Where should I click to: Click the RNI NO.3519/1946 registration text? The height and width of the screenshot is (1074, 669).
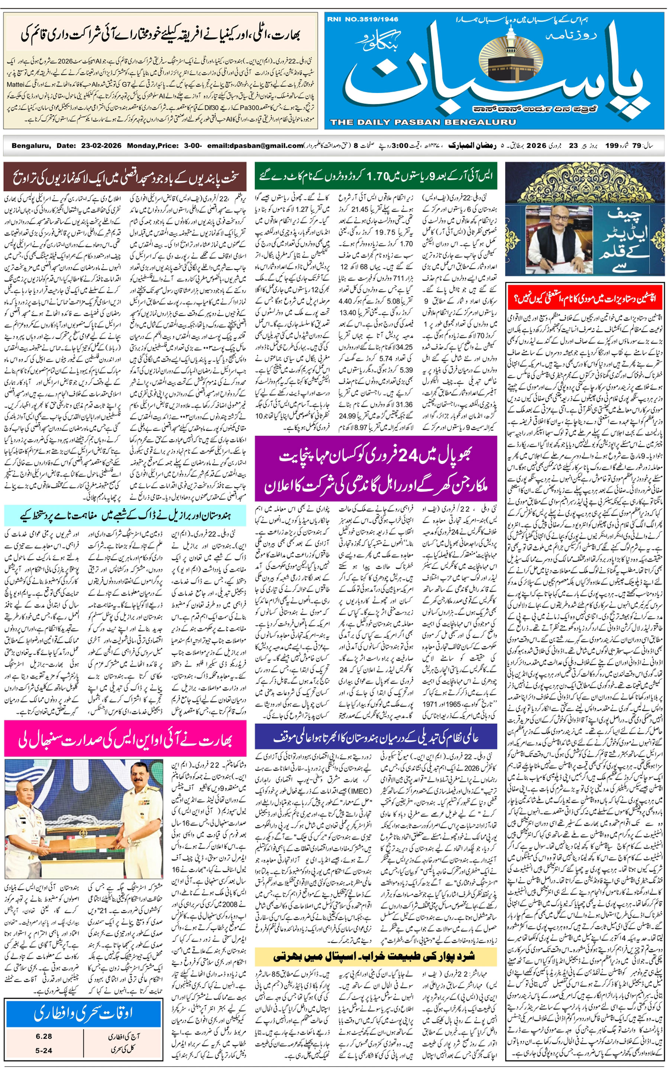tap(363, 19)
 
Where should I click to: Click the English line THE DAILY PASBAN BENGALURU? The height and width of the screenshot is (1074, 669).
tap(423, 122)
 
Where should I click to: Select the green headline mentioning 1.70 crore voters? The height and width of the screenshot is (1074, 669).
tap(376, 176)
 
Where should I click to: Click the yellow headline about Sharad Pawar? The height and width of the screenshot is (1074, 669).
tap(376, 957)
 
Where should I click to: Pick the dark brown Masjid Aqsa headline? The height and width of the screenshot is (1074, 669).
tap(125, 177)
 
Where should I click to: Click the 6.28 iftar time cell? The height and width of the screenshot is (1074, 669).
tap(44, 1036)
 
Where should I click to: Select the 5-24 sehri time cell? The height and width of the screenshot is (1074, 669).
tap(44, 1051)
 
